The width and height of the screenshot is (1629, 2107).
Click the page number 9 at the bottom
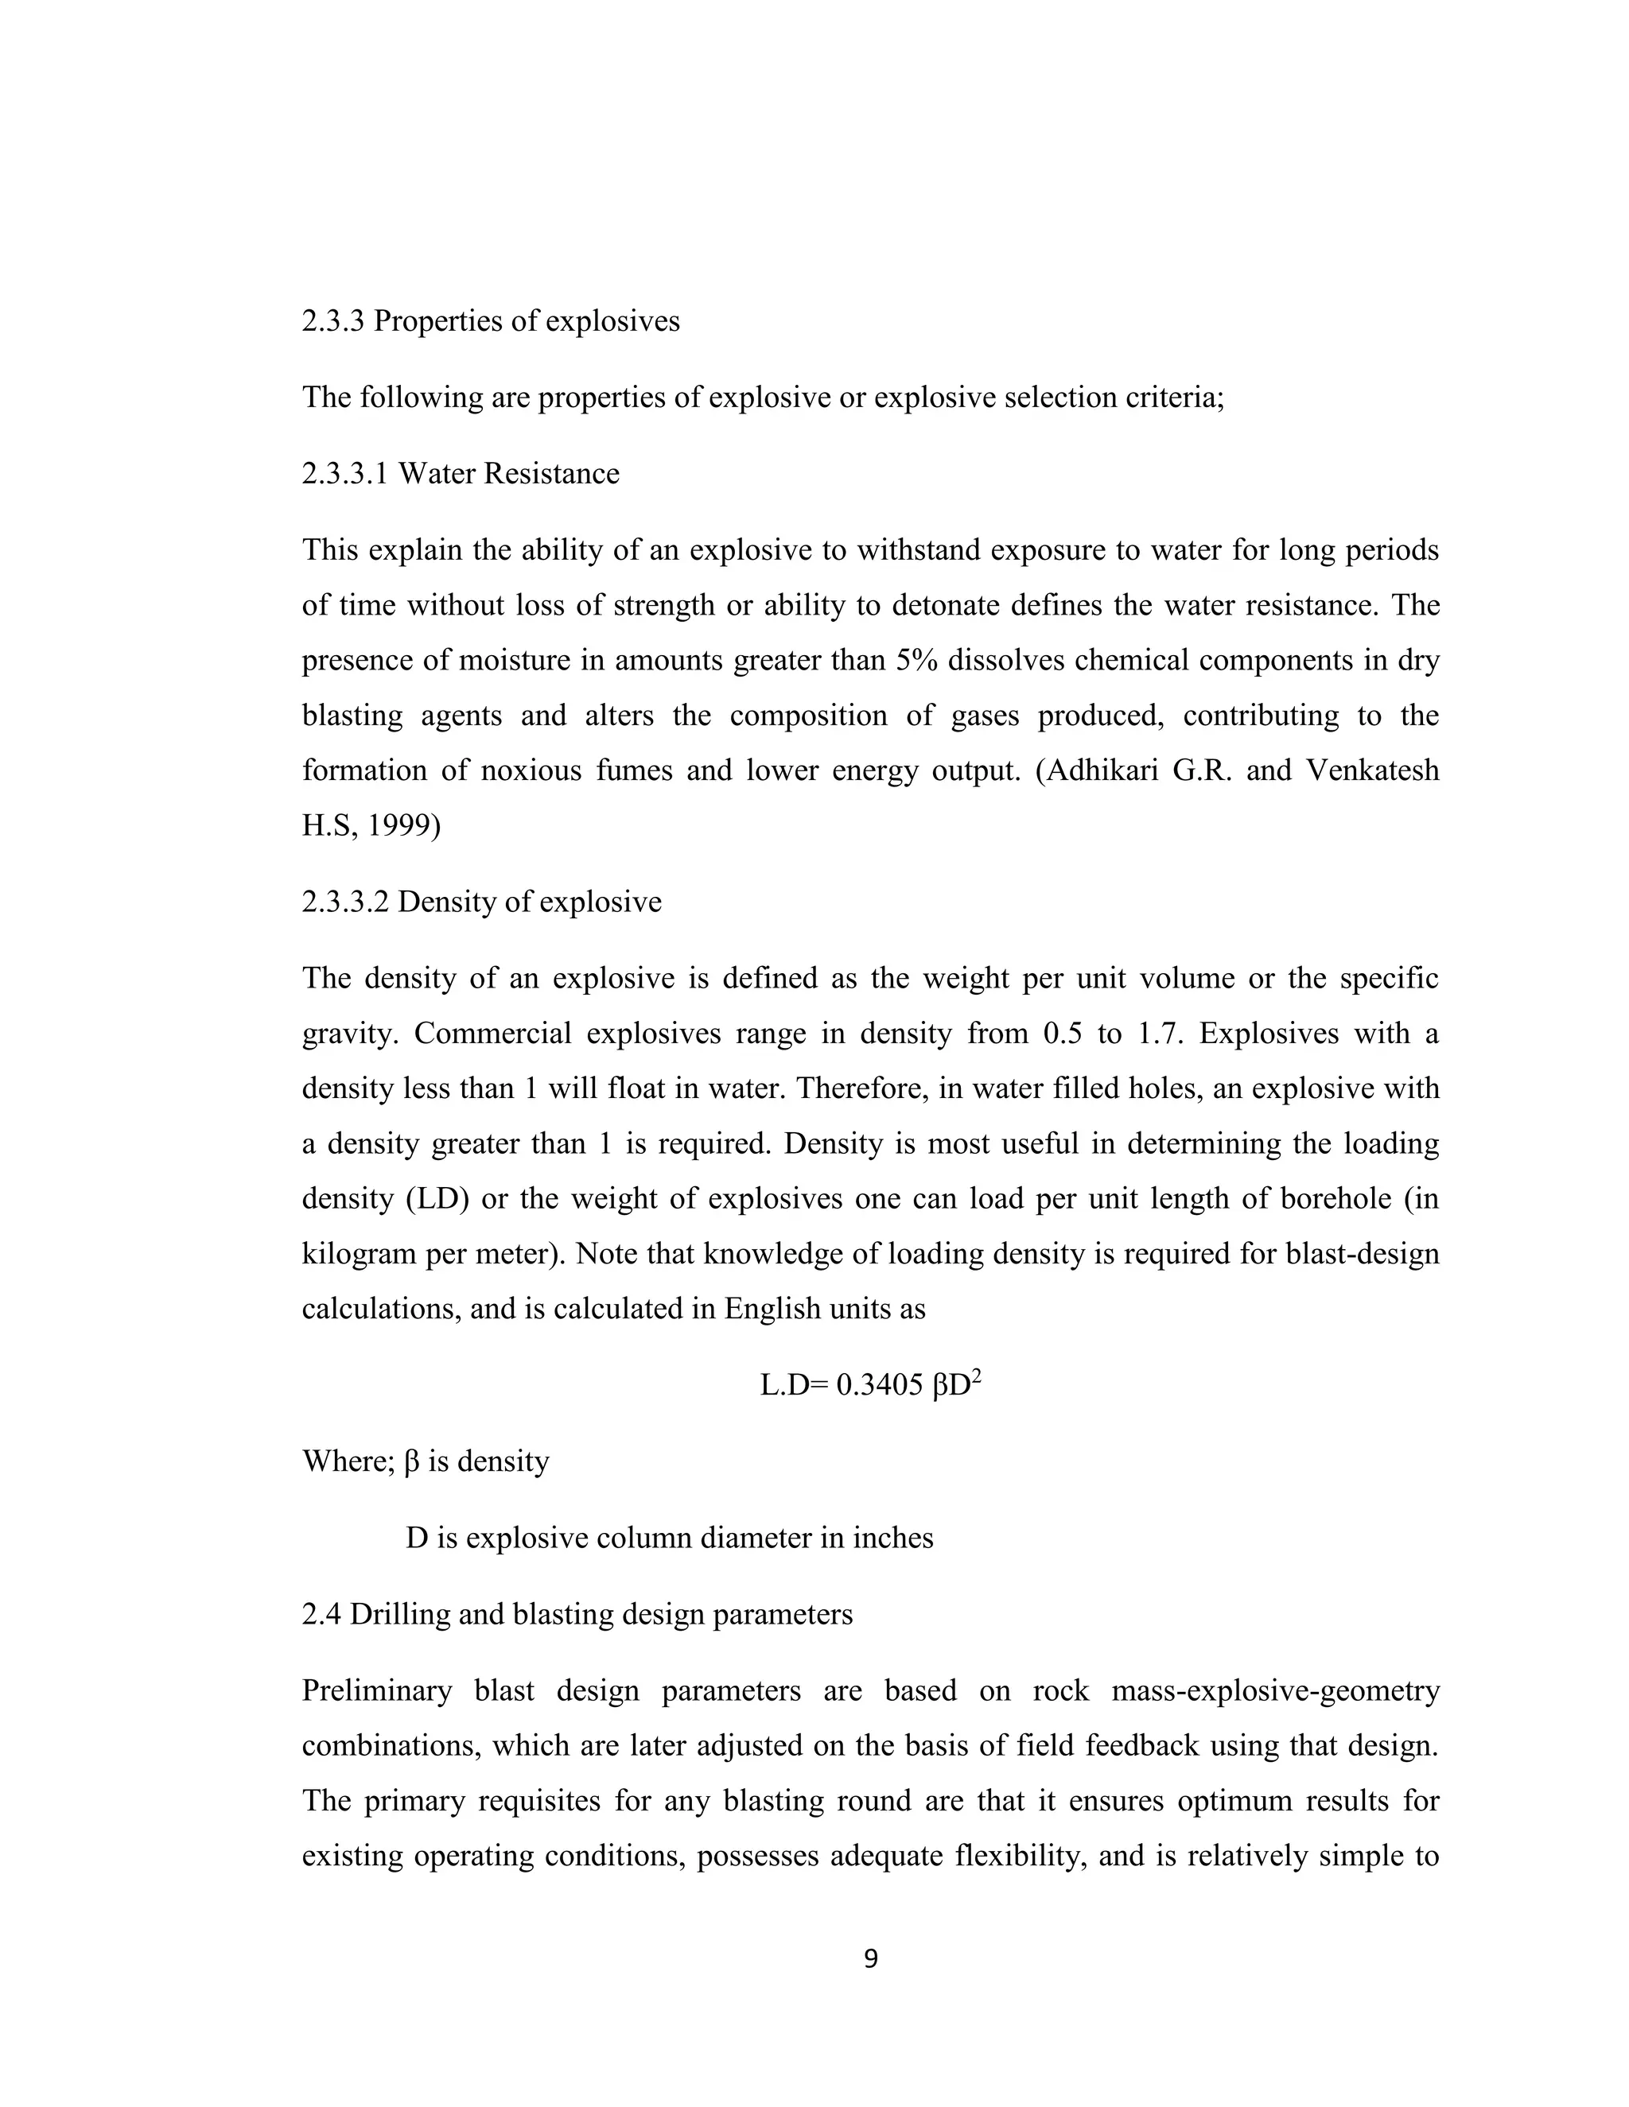870,1959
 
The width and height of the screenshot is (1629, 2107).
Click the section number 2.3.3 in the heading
333,321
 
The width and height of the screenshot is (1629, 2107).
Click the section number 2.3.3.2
345,902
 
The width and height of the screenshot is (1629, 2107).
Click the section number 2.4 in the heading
321,1614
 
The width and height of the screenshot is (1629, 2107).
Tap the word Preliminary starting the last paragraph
376,1691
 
